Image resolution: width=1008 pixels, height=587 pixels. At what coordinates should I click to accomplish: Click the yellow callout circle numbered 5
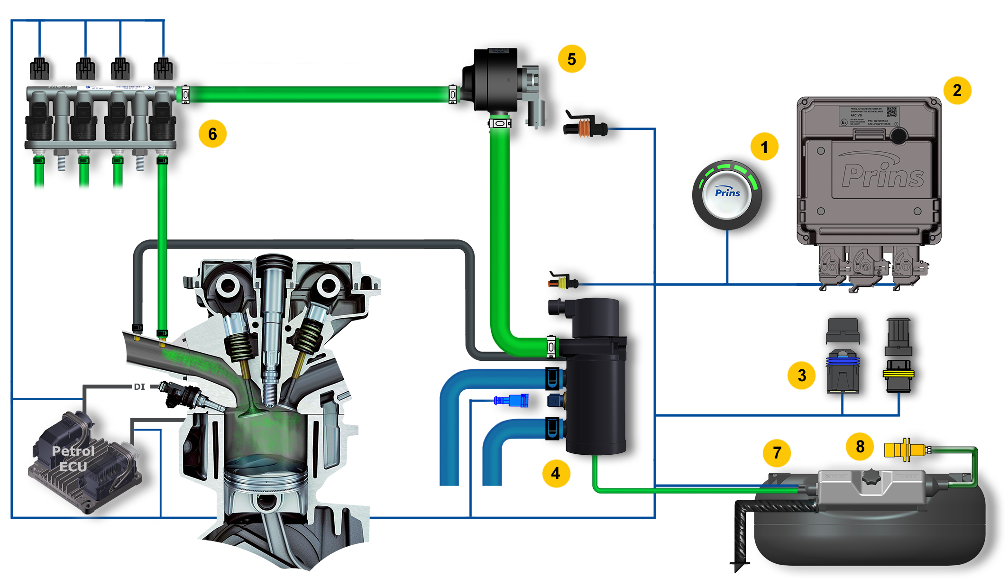pos(572,59)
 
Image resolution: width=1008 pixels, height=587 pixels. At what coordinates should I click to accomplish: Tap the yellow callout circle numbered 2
pos(957,90)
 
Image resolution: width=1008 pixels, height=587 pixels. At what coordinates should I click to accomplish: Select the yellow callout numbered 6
pos(212,134)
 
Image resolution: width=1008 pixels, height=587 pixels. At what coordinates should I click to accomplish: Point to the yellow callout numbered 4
pos(556,473)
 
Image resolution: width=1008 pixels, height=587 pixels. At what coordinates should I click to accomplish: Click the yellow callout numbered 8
pos(860,446)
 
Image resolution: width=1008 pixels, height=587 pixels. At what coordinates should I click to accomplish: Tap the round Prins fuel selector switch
pos(727,194)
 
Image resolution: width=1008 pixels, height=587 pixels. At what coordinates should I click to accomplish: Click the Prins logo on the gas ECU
pos(883,175)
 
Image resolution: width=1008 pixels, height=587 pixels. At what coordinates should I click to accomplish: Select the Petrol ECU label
pos(73,459)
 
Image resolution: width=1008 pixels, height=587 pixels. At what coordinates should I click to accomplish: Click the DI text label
pos(139,387)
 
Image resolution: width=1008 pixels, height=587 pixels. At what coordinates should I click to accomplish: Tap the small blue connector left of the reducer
pos(512,401)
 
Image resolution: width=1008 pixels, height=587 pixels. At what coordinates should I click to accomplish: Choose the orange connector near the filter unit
pos(585,128)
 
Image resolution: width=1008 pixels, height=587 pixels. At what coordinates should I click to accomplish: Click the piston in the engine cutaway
pos(266,484)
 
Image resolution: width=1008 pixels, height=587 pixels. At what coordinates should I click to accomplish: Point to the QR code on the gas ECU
pos(891,112)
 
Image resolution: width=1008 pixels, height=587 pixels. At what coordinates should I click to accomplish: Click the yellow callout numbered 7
pos(777,452)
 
